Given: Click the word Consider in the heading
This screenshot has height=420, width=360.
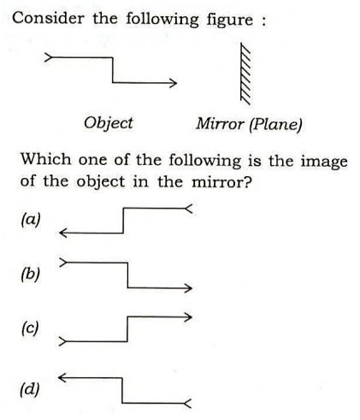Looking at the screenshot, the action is pos(48,18).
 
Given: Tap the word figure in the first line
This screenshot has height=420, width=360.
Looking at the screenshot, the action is pos(230,21).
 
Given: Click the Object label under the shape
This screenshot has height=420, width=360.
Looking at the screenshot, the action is pos(109,123).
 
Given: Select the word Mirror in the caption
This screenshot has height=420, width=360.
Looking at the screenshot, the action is pos(220,124).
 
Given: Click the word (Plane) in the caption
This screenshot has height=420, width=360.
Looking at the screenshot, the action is pos(275,125).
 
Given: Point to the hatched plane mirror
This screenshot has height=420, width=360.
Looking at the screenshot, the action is pos(245,74).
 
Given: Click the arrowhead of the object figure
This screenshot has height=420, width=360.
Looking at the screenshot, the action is pos(174,83).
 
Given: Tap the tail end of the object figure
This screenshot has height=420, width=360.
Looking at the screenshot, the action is pos(48,57).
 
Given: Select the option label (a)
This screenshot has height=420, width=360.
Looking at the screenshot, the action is pos(31,220).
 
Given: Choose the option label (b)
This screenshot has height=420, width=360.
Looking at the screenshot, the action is pos(30,275).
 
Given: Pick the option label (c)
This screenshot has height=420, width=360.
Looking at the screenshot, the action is pos(30,328).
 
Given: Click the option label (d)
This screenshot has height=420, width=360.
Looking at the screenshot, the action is pos(30,389).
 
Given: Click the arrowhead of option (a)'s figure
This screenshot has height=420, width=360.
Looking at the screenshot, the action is pos(63,233).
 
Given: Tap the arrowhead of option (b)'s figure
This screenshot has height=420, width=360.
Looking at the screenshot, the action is pos(189,288).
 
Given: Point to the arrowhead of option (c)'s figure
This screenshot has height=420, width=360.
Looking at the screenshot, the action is pos(188,316).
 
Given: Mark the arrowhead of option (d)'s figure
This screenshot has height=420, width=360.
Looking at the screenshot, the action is pos(62,378).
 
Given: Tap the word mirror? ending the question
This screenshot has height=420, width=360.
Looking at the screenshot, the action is pos(222,182).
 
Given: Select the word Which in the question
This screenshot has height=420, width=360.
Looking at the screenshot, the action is pos(46,159).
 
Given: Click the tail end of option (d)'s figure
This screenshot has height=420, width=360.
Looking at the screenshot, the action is pos(187,403).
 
